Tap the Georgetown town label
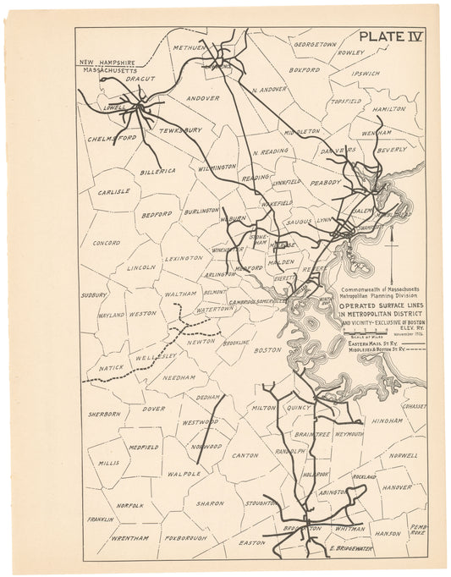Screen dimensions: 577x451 [315, 42]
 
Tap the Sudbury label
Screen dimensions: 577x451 [93, 296]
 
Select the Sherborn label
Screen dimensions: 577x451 [105, 414]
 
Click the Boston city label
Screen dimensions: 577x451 [267, 349]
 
